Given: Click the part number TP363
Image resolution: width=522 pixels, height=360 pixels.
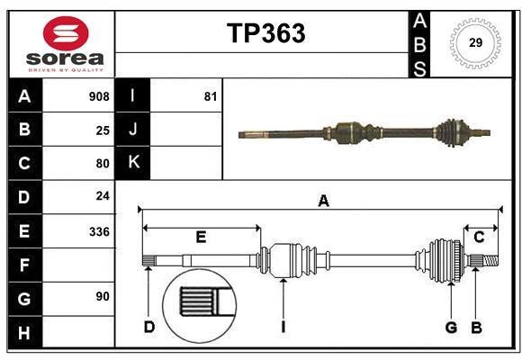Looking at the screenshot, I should coord(265,33).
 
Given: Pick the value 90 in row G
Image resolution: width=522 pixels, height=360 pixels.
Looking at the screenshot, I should coord(102,296).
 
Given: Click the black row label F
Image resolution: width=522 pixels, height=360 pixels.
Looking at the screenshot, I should coord(24,265).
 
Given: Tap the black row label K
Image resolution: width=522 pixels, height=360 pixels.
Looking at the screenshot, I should coord(133,163).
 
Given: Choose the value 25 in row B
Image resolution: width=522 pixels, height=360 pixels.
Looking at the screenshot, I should coord(102,130).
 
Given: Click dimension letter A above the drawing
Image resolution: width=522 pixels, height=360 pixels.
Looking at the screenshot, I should coord(323,202).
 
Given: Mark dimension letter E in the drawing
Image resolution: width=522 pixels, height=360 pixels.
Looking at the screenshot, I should coord(201,237).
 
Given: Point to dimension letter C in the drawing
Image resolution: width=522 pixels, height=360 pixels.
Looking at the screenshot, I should coord(479,237).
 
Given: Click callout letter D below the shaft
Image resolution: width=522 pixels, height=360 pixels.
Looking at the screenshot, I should coord(148,327).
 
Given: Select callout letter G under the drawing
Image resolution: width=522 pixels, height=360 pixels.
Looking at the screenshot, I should coord(451,327).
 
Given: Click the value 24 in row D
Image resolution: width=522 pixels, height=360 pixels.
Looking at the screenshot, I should coord(102,196).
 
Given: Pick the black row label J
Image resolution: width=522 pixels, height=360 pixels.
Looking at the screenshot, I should coord(133,130).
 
